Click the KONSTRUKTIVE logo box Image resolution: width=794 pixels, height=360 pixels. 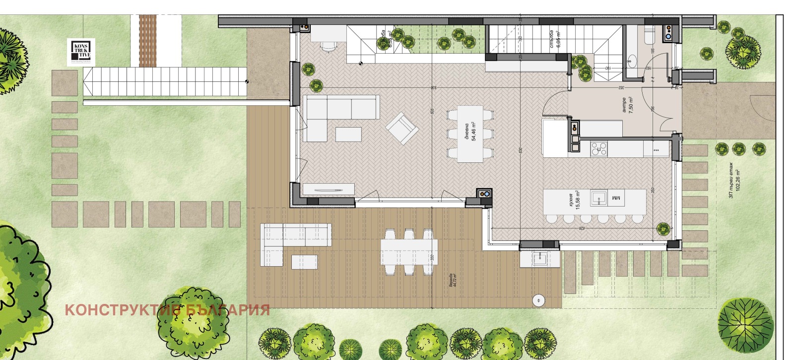(81, 52)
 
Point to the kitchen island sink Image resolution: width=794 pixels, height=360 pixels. (599, 198)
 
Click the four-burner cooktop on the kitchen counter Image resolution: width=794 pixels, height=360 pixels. (599, 148)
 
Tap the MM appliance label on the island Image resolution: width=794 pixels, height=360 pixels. (616, 198)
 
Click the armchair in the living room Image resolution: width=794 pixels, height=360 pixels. (402, 128)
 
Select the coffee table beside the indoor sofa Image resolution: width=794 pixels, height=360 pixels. (349, 135)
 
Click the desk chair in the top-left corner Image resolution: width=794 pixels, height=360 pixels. (328, 46)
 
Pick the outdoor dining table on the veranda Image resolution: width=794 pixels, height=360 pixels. (409, 251)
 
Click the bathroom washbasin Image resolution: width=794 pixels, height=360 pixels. (632, 62)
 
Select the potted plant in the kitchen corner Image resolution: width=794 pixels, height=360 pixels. (663, 228)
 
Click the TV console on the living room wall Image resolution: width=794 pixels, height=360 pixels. (329, 189)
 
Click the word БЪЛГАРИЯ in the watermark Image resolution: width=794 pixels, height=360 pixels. (228, 310)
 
